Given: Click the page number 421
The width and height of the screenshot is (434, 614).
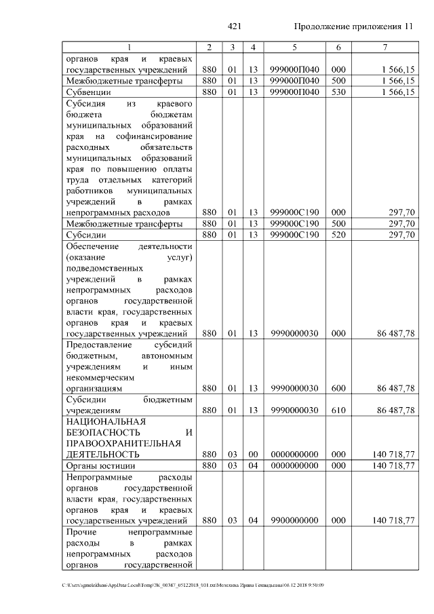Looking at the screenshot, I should tap(235, 26).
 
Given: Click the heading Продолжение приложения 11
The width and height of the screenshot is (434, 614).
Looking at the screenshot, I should tap(353, 26).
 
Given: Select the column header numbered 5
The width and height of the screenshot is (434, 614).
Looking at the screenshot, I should tap(294, 47).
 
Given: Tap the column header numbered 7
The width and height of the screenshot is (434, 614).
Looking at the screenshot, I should tap(384, 47).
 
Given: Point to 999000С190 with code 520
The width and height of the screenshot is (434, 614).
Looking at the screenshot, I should tap(294, 235).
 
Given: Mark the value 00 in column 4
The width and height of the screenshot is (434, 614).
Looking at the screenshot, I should tap(252, 454).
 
